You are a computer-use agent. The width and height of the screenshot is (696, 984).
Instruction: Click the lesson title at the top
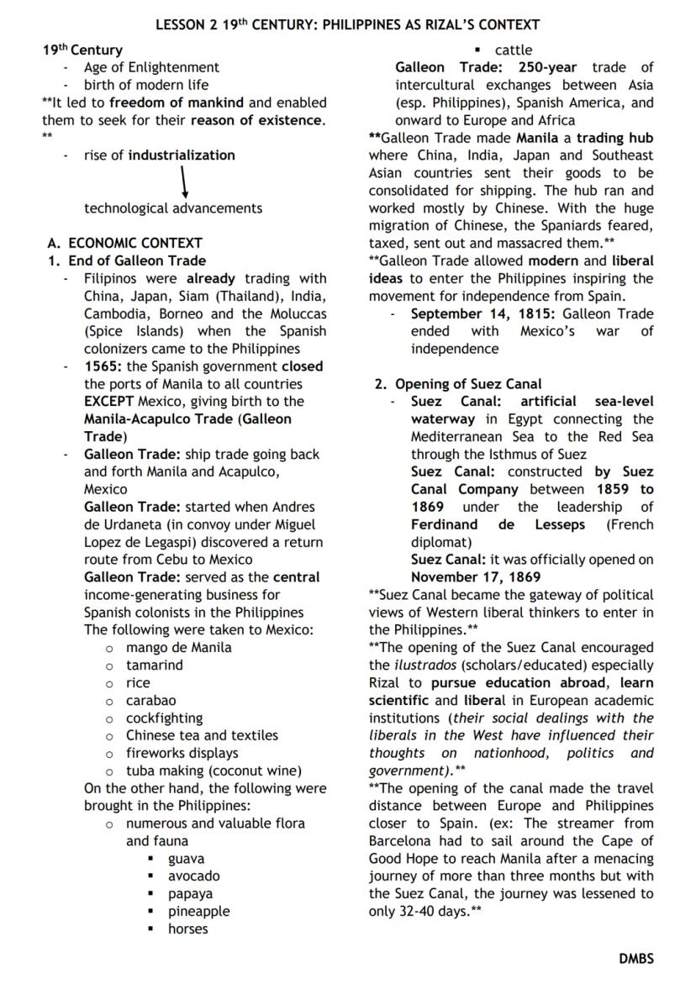click(347, 24)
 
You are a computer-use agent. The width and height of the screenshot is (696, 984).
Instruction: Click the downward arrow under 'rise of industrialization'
click(182, 181)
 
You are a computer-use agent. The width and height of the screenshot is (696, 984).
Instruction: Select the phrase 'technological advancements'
click(173, 208)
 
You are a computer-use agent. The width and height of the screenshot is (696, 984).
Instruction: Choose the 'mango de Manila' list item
click(178, 647)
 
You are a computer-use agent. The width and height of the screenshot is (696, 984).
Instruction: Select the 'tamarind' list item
click(154, 665)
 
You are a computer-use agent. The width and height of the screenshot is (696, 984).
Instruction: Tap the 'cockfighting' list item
click(164, 718)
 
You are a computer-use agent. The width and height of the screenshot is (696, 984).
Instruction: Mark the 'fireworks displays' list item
click(182, 753)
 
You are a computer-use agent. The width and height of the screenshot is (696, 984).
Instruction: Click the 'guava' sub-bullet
click(187, 859)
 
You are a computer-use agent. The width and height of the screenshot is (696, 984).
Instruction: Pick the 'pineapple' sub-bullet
click(198, 911)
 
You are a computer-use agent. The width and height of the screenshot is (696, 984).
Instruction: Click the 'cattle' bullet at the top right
click(513, 50)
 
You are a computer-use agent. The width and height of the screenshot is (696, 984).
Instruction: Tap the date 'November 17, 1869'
click(476, 576)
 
